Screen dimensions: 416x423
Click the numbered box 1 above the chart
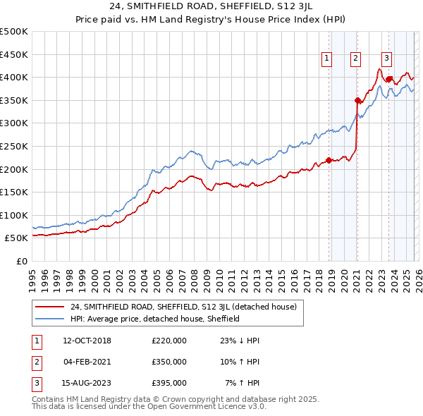click(x=328, y=59)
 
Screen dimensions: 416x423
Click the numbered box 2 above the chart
click(x=356, y=59)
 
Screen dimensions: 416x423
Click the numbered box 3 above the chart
click(x=387, y=59)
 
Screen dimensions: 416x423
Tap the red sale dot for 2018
click(x=329, y=160)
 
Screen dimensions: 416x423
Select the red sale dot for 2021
click(x=357, y=100)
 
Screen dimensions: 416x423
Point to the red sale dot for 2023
click(x=389, y=79)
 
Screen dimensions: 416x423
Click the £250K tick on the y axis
click(x=14, y=146)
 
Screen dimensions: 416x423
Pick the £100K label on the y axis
click(x=14, y=215)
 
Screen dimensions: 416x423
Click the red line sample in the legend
click(x=51, y=307)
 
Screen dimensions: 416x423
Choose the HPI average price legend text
click(x=155, y=319)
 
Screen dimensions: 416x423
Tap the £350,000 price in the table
click(x=168, y=362)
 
